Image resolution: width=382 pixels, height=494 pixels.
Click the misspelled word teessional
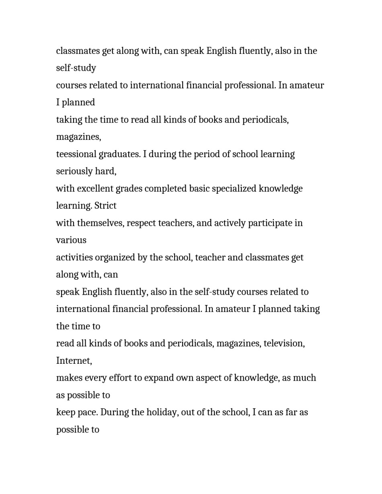point(76,154)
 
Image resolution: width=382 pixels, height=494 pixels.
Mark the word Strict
point(105,206)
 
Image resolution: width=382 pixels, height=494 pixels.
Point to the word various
point(71,240)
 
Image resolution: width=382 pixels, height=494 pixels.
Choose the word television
point(284,344)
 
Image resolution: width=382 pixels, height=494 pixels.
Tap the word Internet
point(74,361)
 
